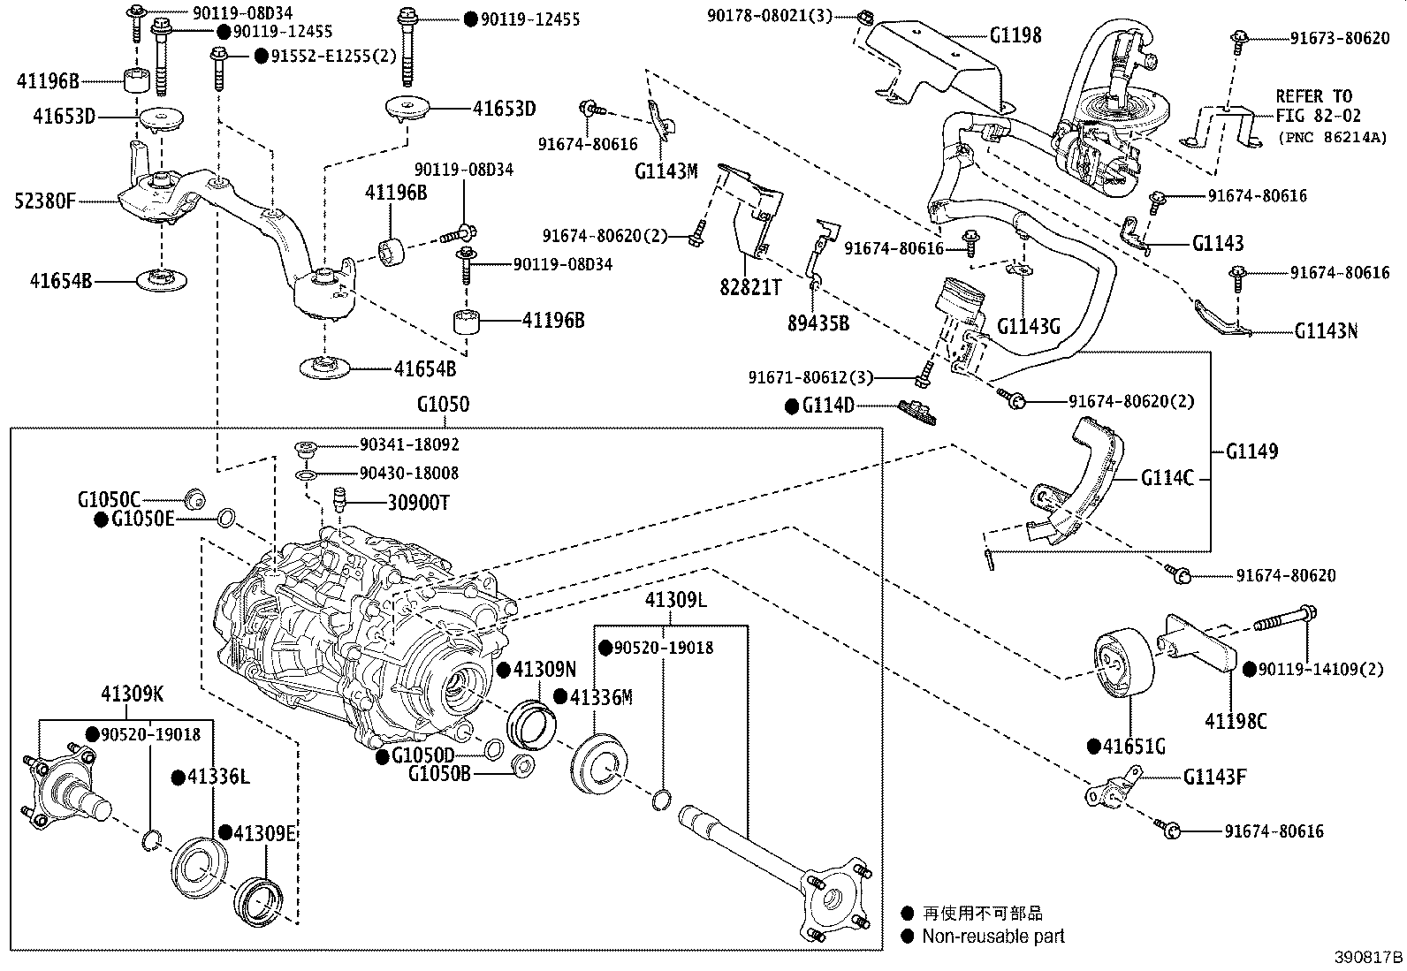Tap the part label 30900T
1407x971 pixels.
coord(418,503)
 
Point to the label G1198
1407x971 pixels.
coord(1015,35)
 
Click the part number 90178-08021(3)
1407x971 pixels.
coord(769,16)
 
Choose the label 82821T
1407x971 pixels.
coord(751,287)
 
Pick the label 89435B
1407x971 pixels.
coord(818,323)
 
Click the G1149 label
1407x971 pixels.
coord(1251,451)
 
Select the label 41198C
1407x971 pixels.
coord(1236,721)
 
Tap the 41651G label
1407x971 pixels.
coord(1134,747)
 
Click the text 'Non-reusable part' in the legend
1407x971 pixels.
coord(993,936)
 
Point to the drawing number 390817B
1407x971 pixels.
coord(1369,958)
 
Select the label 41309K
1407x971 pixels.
coord(132,694)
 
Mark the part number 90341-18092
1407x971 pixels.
coord(409,445)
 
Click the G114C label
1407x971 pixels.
coord(1167,479)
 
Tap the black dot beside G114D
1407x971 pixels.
coord(792,406)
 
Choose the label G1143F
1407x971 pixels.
coord(1215,778)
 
